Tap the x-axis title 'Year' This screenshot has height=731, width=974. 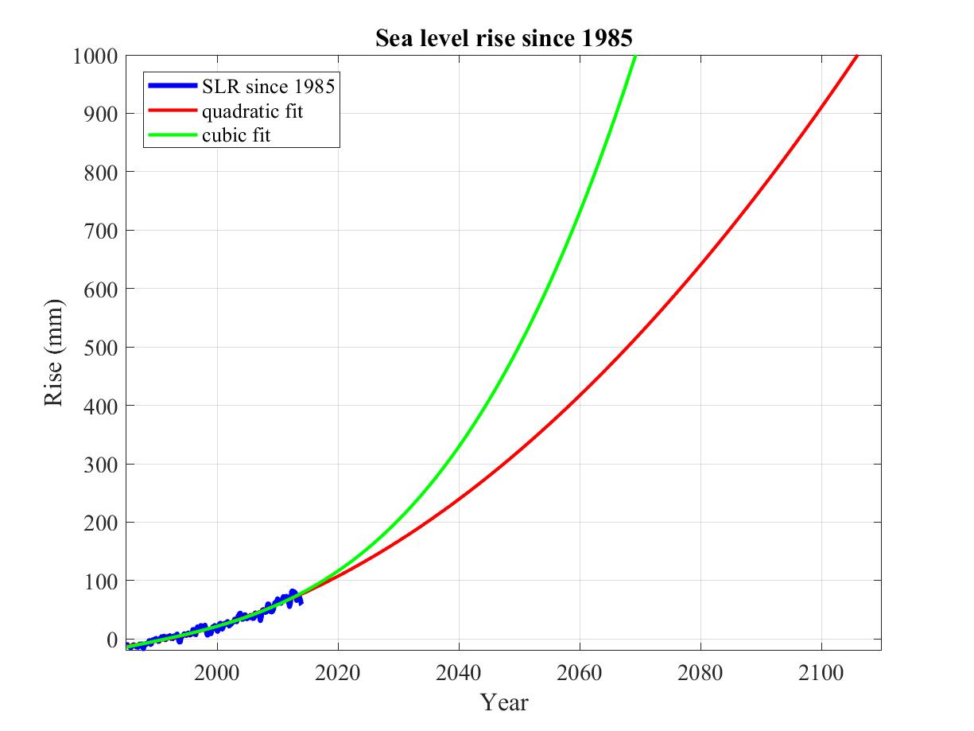(503, 702)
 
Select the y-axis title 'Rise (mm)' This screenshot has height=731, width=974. (54, 352)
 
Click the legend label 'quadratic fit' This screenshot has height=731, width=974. (252, 111)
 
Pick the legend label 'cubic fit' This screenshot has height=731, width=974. (236, 135)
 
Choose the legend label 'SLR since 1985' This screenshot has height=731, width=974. (268, 87)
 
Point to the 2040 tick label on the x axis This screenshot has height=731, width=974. (459, 673)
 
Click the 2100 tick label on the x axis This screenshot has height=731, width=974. (821, 673)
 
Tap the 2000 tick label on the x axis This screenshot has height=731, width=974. (217, 673)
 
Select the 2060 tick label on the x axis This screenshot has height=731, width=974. (580, 673)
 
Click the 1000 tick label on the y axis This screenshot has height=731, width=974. (95, 56)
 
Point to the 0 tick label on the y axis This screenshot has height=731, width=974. (111, 640)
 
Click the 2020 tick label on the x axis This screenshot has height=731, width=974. (338, 673)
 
